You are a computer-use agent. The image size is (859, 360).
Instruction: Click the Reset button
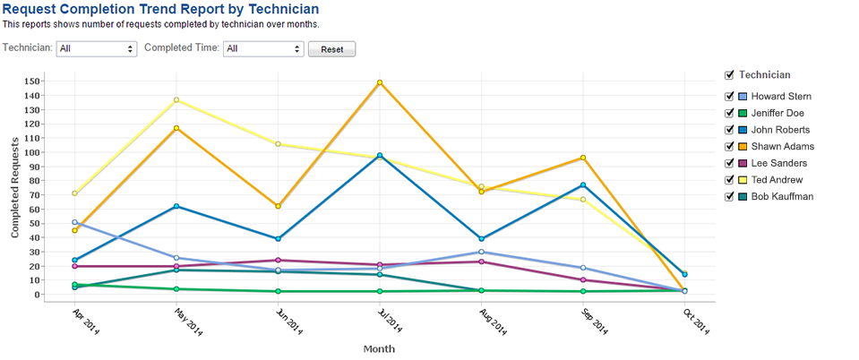click(x=331, y=49)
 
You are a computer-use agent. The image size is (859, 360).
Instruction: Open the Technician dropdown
click(x=96, y=49)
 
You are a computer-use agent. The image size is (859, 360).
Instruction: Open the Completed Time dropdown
click(x=263, y=49)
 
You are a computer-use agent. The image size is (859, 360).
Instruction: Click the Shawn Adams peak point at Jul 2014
click(x=380, y=83)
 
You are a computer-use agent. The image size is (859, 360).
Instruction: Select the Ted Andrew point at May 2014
click(x=176, y=100)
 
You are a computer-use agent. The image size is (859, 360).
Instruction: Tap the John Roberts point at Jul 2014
click(x=380, y=156)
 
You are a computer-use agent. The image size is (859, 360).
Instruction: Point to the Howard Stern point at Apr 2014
click(x=74, y=222)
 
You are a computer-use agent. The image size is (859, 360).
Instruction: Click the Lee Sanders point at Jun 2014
click(x=278, y=261)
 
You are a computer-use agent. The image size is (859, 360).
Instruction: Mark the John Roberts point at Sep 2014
click(x=583, y=185)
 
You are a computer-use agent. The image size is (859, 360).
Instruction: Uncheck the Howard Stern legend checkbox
click(x=729, y=97)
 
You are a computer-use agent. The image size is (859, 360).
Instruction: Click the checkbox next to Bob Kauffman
click(x=729, y=196)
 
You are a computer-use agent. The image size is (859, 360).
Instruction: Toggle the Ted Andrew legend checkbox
click(x=729, y=180)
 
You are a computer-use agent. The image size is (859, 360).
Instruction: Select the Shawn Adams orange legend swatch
click(x=742, y=147)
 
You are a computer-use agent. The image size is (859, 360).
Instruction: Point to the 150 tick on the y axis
click(x=32, y=81)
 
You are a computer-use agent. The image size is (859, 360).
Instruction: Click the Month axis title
click(x=379, y=348)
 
